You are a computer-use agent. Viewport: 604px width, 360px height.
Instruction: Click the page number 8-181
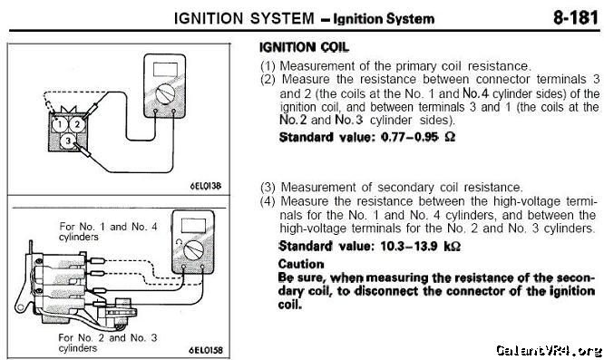[576, 18]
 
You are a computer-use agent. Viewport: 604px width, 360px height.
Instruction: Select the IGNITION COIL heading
[304, 47]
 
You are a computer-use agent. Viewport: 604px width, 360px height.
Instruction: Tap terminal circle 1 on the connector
[59, 124]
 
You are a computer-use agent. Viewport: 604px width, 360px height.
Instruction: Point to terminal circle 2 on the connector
[77, 124]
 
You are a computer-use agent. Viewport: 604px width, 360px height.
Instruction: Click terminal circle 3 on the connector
[68, 141]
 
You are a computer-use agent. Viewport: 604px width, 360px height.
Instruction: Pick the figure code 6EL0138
[205, 186]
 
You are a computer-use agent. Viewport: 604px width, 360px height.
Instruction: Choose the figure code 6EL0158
[205, 350]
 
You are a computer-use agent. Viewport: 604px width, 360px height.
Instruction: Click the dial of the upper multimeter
[165, 94]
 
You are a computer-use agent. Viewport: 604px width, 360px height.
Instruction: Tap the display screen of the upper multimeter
[165, 69]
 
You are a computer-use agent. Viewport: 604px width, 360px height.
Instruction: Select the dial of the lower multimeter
[194, 250]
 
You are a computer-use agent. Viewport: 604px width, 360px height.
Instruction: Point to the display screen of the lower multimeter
[193, 225]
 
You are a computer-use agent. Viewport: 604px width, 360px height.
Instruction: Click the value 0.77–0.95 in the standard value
[410, 137]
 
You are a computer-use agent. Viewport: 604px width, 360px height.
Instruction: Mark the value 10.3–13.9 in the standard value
[409, 246]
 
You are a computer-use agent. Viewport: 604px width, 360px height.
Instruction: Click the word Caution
[301, 264]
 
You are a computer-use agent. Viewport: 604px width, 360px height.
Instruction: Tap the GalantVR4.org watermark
[549, 350]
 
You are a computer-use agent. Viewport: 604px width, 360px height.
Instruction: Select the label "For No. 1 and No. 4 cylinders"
[108, 231]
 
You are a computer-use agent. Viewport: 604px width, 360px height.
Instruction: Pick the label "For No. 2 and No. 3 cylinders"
[108, 343]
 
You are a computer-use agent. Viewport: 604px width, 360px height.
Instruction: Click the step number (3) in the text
[268, 188]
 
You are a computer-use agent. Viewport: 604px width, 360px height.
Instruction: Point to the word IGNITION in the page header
[209, 18]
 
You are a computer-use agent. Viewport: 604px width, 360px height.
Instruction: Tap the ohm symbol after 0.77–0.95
[450, 137]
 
